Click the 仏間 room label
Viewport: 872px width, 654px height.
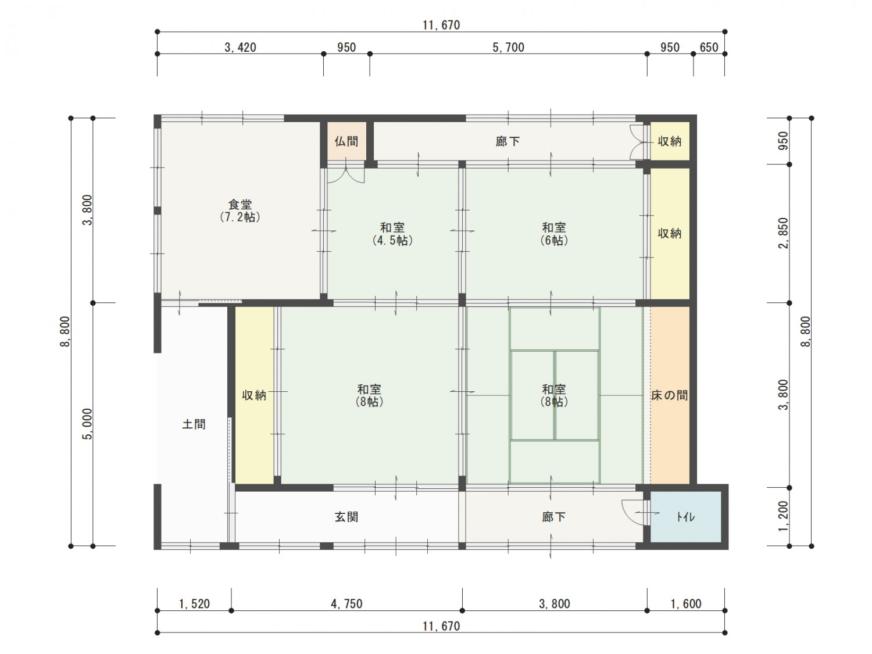(x=346, y=141)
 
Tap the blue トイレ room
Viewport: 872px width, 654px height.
(x=685, y=517)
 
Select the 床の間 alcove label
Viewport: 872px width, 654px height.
(x=669, y=395)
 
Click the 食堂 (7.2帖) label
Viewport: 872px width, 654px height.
(x=240, y=211)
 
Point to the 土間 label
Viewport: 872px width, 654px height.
(x=194, y=424)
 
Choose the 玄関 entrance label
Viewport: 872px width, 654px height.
(x=346, y=517)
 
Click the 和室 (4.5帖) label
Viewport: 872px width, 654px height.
(x=392, y=234)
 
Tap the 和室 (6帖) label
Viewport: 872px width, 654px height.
(x=554, y=234)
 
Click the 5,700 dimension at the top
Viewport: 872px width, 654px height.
(x=508, y=48)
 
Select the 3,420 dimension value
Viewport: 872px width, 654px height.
(x=240, y=48)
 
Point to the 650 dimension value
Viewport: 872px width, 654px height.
(x=709, y=48)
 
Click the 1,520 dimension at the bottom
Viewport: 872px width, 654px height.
(x=194, y=604)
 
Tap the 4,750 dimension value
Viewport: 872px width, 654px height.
(x=346, y=604)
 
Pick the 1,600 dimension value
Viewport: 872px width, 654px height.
(x=685, y=604)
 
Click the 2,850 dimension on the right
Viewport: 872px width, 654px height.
(x=783, y=233)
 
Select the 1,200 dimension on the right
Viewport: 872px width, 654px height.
(x=783, y=516)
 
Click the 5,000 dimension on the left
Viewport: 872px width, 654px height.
(x=87, y=424)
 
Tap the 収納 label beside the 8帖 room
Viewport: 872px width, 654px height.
(x=254, y=395)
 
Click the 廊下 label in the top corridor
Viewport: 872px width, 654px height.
(x=508, y=141)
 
